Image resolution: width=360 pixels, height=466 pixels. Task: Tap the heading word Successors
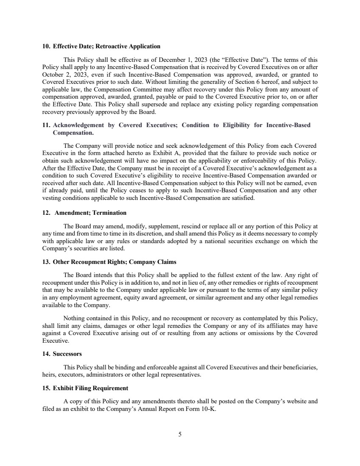pos(67,353)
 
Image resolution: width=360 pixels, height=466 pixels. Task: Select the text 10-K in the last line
pos(208,408)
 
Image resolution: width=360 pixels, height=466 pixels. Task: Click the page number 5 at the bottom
pos(180,434)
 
